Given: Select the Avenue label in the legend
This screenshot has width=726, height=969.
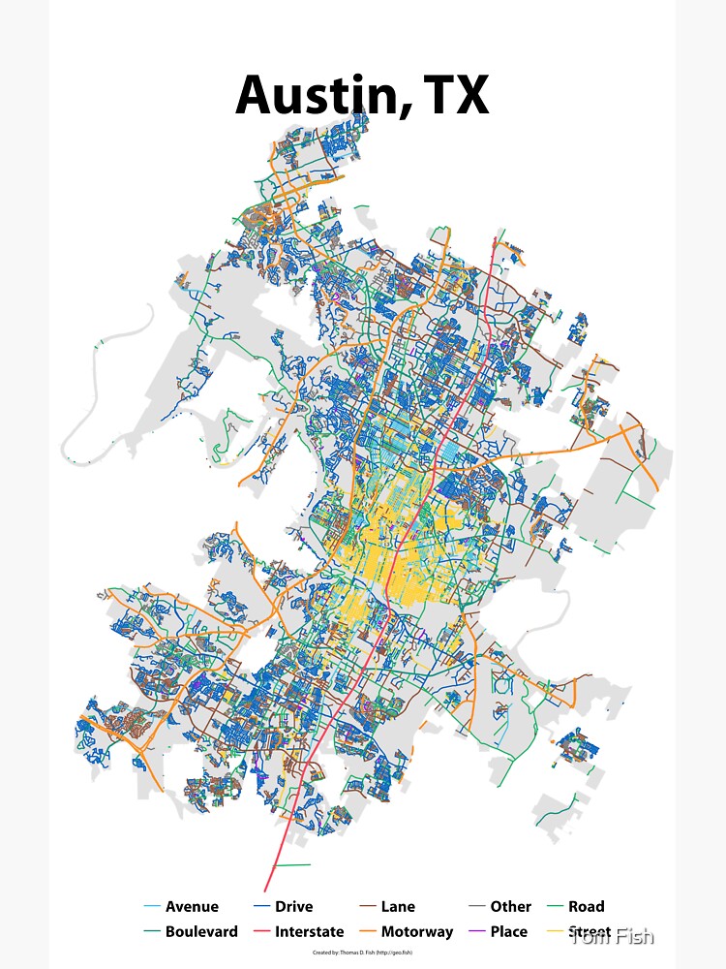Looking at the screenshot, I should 192,907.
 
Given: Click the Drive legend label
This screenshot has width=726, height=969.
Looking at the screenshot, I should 293,907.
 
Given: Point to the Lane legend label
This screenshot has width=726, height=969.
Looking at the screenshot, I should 398,907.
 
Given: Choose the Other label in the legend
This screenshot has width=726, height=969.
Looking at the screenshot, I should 510,907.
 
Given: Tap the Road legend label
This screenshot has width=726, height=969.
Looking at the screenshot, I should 586,907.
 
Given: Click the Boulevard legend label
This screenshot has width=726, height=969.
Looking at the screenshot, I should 201,932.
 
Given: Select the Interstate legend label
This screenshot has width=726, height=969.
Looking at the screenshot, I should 309,932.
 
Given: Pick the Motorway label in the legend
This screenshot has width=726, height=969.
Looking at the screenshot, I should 417,932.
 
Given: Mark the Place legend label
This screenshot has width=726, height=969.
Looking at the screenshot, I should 509,932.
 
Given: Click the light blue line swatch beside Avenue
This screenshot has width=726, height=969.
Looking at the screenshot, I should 152,907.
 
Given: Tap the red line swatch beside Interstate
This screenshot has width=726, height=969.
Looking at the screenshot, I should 261,932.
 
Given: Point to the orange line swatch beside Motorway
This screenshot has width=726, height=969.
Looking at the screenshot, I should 368,932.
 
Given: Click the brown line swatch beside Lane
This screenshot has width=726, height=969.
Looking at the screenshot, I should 368,907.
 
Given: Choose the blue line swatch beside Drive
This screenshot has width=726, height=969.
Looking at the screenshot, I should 261,907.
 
